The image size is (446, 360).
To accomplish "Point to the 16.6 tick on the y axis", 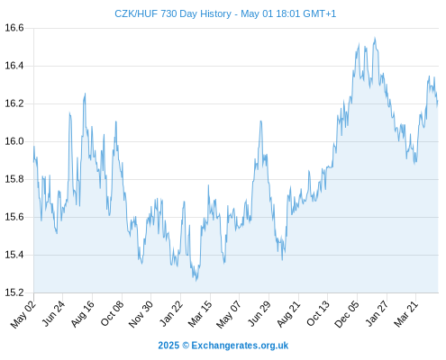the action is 14,28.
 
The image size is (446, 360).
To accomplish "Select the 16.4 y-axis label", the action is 14,66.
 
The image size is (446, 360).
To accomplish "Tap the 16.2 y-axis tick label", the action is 14,103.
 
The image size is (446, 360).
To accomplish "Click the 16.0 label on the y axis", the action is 14,141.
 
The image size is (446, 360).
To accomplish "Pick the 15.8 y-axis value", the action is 14,179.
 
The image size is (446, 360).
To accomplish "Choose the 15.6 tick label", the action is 14,217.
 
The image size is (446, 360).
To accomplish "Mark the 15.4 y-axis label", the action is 14,255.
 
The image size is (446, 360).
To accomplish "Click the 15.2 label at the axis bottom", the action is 14,292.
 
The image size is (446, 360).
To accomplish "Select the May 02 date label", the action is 23,314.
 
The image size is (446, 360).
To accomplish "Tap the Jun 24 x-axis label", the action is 53,313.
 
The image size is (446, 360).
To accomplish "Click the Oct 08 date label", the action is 112,313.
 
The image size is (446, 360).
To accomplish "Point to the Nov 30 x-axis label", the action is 141,314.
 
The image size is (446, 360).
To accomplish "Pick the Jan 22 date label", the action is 171,313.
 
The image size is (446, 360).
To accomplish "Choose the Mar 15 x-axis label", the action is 200,314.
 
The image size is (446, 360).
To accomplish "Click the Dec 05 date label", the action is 347,314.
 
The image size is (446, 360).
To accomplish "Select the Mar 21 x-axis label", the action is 405,314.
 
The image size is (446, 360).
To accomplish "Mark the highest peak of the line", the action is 375,38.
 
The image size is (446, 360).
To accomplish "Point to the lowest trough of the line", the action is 196,281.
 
